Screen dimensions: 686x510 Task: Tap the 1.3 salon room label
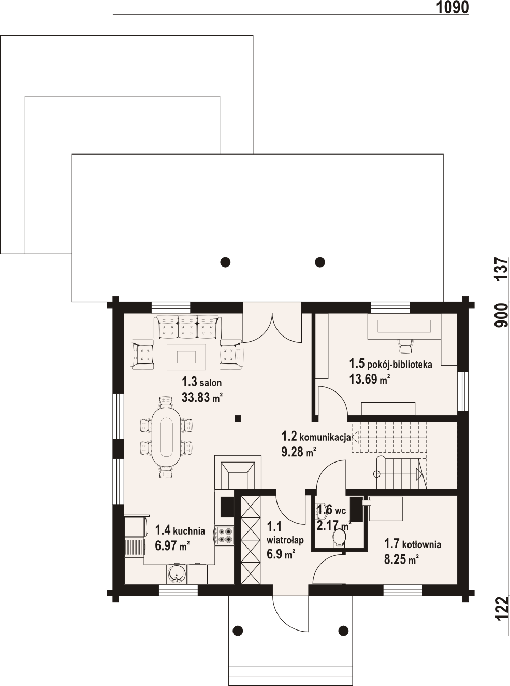coord(201,383)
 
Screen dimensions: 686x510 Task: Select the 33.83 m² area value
coord(202,398)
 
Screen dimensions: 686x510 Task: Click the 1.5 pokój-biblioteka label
coord(390,364)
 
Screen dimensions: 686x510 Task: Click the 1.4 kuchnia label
coord(180,530)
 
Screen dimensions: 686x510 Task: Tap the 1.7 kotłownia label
coord(412,544)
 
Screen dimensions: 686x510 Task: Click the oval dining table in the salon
coord(166,437)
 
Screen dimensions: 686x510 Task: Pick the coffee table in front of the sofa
coord(186,357)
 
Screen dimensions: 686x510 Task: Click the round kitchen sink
coord(177,574)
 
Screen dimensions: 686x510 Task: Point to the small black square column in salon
coord(237,418)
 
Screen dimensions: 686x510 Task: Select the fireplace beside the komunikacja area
coord(239,472)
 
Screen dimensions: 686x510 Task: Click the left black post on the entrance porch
coord(238,631)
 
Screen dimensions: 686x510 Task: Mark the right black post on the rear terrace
coord(320,262)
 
